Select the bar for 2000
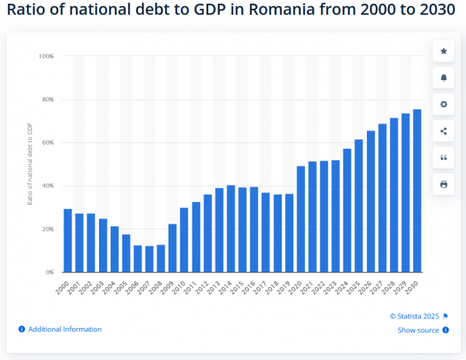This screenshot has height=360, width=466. point(68,240)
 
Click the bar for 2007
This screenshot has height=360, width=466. point(149,259)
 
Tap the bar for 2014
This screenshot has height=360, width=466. point(231,229)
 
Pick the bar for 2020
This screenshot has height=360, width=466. point(301,219)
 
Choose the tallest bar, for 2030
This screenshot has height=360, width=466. point(417,191)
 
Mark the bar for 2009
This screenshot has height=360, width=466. point(173,248)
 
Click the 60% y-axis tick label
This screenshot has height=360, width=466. point(47,143)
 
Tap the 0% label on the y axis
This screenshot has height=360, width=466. point(48,273)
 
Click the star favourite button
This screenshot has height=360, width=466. point(443,50)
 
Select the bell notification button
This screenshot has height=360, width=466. point(443,77)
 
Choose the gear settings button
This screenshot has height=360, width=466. point(443,104)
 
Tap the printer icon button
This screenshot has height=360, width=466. point(443,184)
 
